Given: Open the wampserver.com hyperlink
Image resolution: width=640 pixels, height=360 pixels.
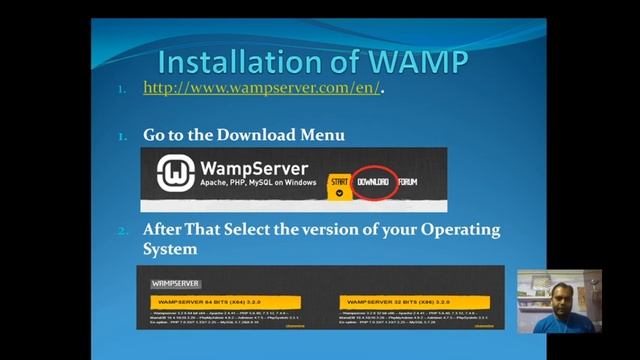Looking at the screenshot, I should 262,89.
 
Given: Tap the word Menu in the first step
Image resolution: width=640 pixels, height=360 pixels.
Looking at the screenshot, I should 321,134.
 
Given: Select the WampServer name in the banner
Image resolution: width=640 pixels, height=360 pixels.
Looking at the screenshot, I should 254,168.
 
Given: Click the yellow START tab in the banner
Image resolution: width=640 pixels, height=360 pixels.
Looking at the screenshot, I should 337,181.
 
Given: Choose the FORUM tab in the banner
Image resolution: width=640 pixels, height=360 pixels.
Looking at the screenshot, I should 407,181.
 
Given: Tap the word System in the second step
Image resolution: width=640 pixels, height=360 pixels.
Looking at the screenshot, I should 170,248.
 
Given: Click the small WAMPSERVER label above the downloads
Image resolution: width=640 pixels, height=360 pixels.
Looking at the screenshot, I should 175,284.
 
